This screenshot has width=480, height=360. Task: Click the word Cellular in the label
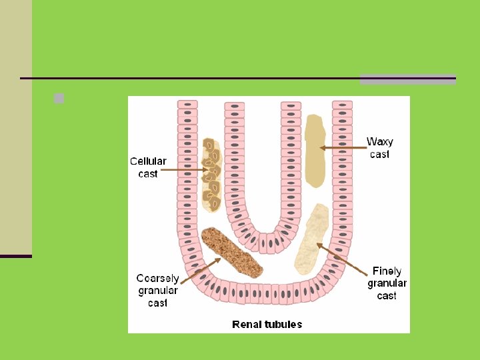point(148,161)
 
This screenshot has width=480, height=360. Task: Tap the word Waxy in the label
point(380,141)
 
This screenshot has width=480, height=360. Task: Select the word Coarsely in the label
point(157,279)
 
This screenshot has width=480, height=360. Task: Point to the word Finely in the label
point(387,271)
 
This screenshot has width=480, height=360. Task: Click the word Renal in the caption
point(245,325)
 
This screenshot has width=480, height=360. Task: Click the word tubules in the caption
point(282,325)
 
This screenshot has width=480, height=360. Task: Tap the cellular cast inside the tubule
point(211,175)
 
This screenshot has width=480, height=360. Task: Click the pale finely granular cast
point(311,239)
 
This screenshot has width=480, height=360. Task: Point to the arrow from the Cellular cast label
point(183,170)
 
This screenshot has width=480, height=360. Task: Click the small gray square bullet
point(59,99)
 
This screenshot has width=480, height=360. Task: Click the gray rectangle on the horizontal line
point(407,79)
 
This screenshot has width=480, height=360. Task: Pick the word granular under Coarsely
point(158,291)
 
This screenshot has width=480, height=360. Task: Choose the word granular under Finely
point(387,283)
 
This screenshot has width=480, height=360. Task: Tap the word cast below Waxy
point(379,154)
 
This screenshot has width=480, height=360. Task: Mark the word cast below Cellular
point(148,173)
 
